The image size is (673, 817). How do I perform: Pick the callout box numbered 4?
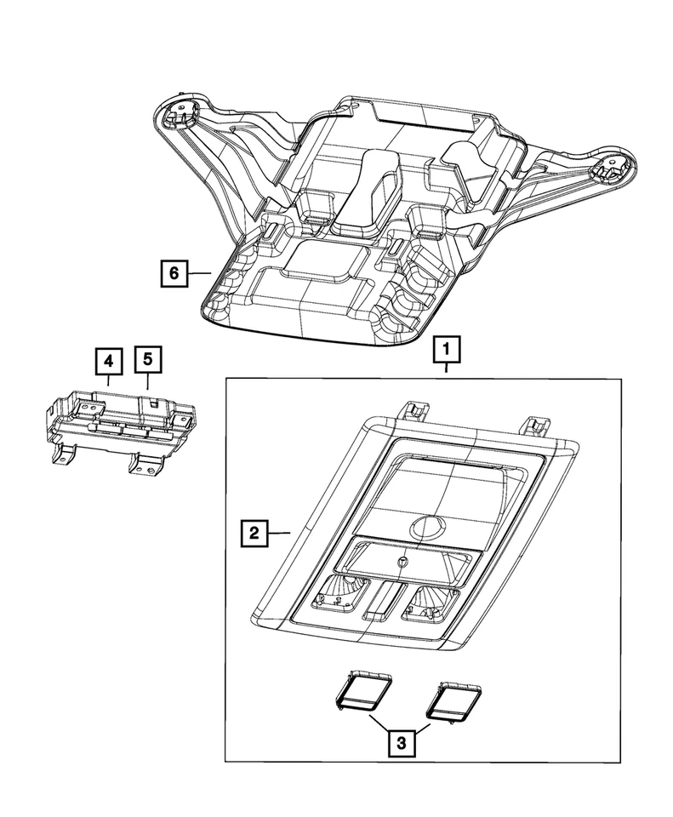[x=108, y=361]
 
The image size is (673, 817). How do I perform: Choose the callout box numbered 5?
[x=147, y=361]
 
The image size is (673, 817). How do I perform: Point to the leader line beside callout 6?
[x=199, y=272]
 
